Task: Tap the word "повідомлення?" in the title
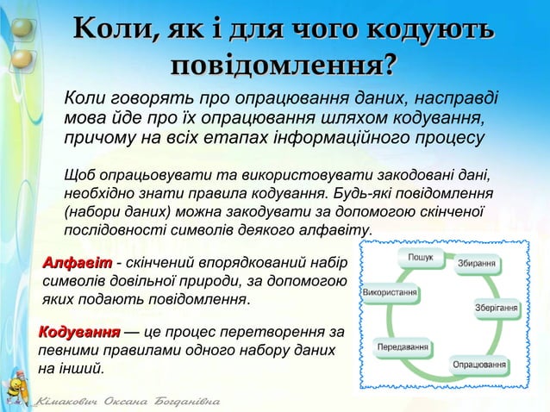click(284, 66)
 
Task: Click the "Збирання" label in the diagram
click(476, 263)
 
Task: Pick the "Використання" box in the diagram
click(391, 292)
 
